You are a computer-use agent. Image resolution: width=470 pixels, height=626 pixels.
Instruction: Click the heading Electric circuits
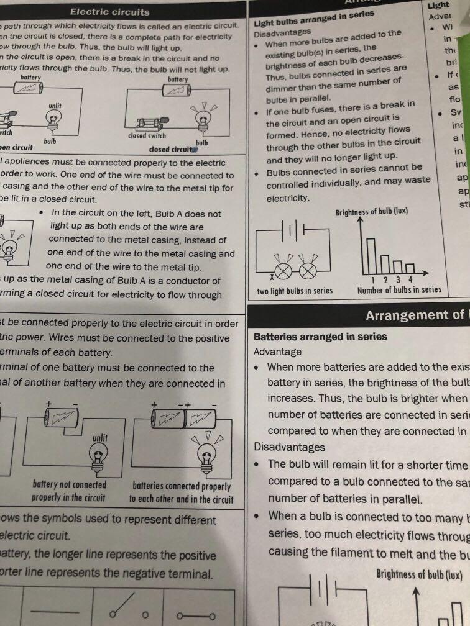109,11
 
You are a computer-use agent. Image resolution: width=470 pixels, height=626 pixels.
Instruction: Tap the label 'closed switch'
147,135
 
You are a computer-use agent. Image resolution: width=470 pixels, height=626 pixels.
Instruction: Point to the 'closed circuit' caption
171,149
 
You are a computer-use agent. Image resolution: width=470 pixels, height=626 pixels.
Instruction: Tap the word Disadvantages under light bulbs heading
282,32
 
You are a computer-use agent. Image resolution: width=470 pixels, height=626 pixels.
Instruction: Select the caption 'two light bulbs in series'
295,291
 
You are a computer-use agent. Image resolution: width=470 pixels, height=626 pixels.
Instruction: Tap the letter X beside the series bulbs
272,276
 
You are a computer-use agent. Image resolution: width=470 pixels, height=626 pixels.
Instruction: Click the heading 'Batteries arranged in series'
320,337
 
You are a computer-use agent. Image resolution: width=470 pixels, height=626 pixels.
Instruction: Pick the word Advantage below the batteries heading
277,352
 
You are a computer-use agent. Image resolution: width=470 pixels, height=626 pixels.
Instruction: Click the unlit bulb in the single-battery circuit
98,456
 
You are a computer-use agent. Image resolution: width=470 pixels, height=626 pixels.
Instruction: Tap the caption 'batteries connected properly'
182,486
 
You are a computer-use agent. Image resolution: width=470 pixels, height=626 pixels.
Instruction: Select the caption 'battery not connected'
70,484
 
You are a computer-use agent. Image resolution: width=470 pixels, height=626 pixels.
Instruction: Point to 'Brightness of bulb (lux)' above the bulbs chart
372,212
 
